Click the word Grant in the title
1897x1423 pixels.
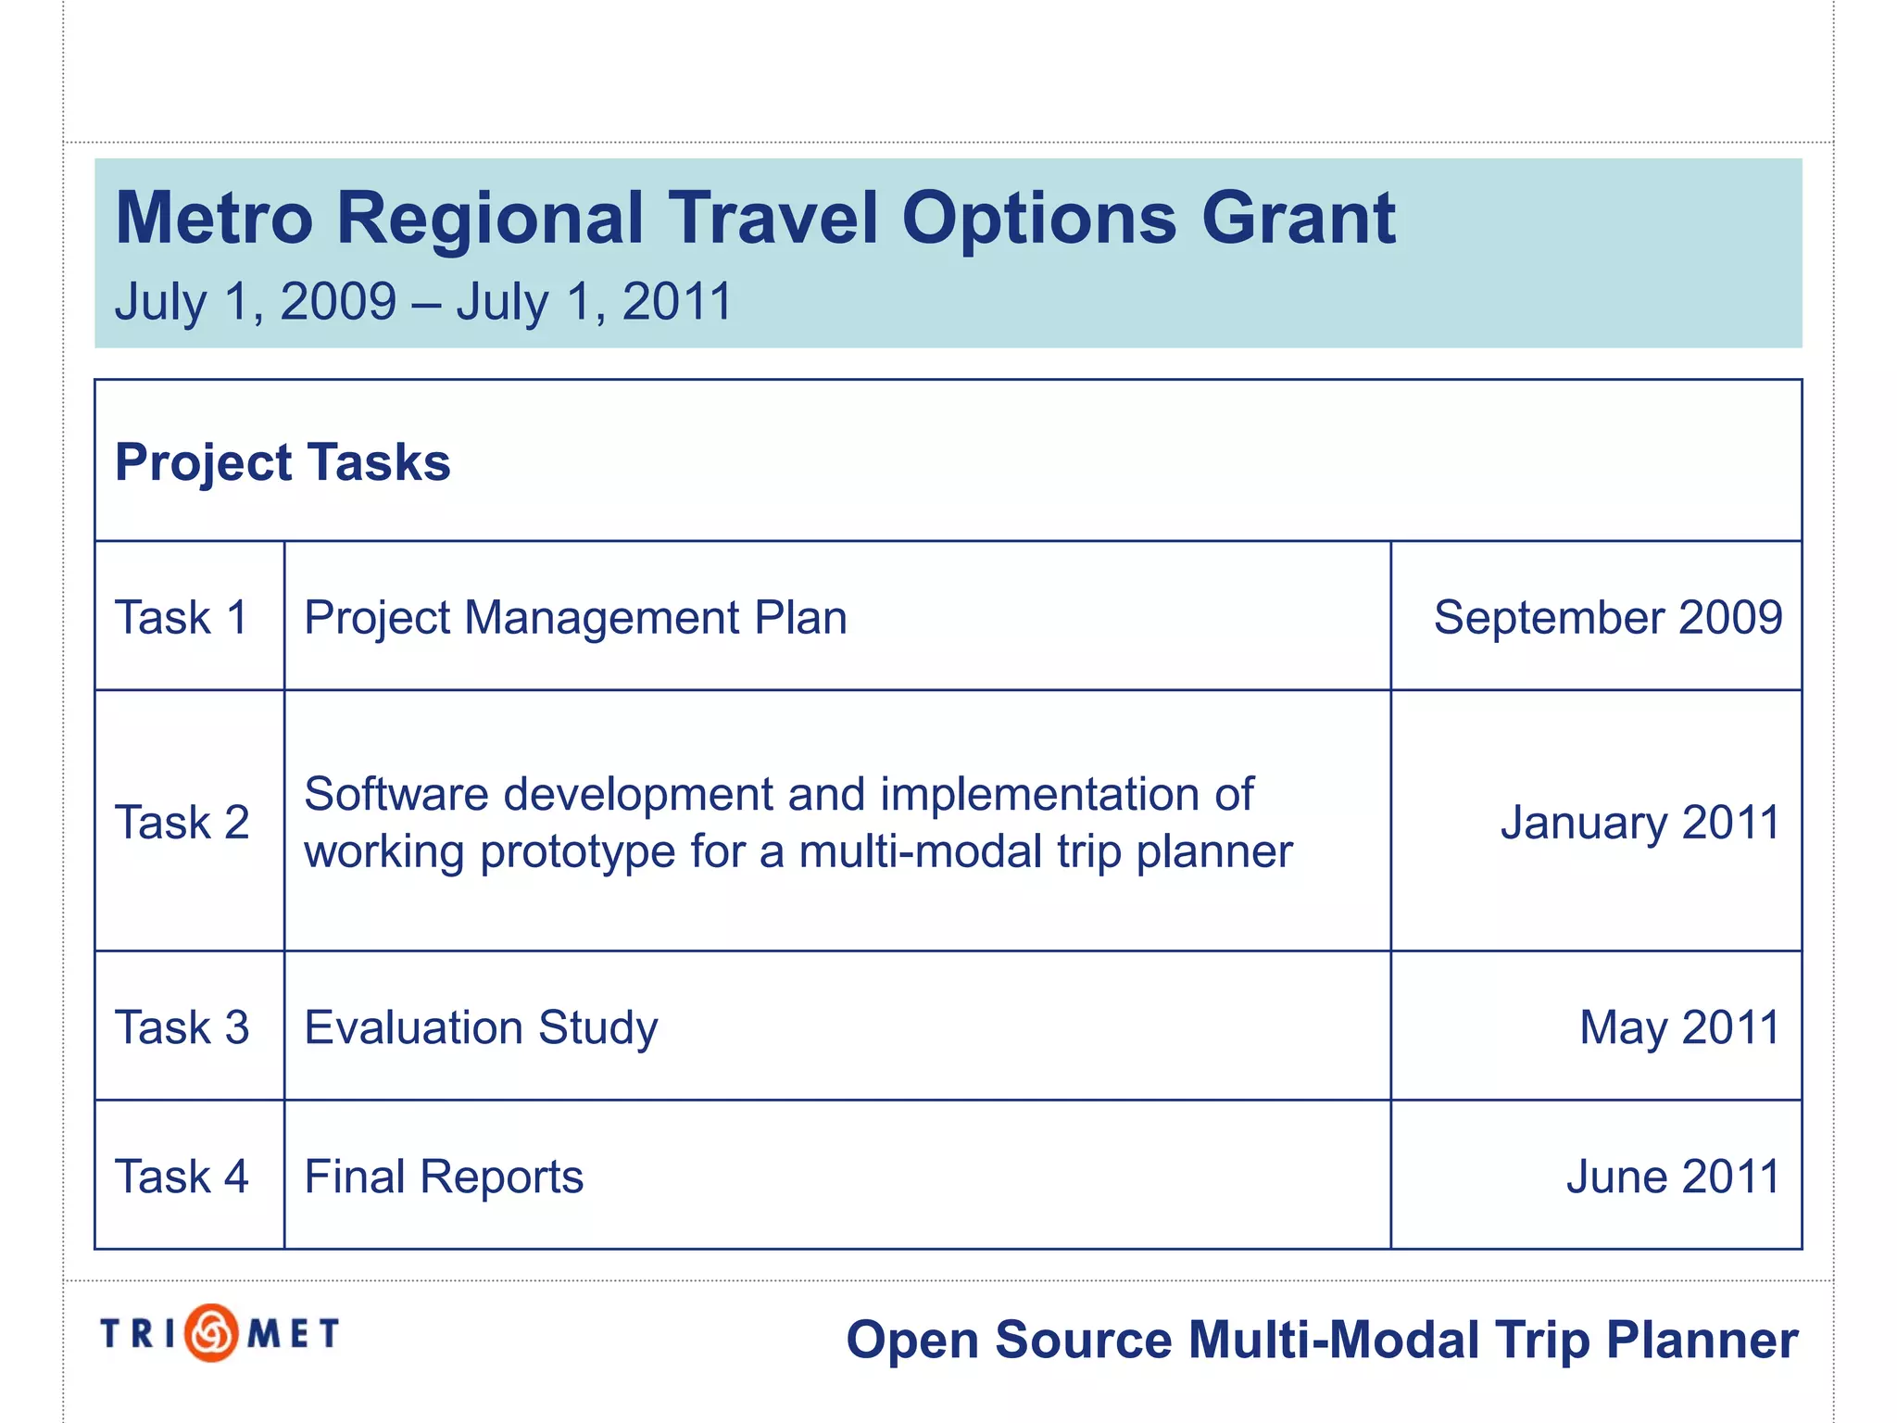point(1299,219)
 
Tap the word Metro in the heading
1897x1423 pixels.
point(214,219)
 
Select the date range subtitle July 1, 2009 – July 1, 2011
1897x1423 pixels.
point(423,302)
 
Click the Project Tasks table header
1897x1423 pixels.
point(283,461)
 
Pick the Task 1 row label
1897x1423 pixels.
point(182,617)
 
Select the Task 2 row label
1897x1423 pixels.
point(182,822)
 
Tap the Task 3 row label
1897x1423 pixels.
point(182,1027)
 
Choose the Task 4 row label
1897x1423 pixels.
point(182,1177)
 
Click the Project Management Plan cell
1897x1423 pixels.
point(575,617)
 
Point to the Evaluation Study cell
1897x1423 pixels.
point(481,1027)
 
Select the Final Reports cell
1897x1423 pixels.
point(444,1177)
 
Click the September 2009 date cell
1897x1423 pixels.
point(1607,617)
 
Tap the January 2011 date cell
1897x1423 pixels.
point(1639,822)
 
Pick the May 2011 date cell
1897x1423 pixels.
point(1678,1027)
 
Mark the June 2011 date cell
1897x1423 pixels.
point(1673,1177)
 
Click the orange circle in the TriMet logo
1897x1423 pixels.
point(212,1333)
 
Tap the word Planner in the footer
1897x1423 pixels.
point(1702,1340)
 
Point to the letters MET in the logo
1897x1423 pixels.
point(294,1334)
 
